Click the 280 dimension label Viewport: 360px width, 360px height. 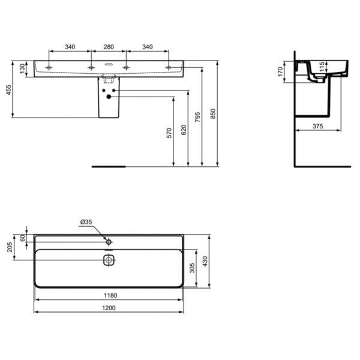(109, 46)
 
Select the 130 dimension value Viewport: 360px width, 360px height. (23, 68)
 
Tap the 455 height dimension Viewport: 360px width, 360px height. (8, 90)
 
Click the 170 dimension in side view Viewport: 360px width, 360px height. (279, 73)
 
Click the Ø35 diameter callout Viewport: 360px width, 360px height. (86, 223)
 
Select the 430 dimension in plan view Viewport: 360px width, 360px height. (205, 261)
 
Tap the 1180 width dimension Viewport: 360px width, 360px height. (109, 295)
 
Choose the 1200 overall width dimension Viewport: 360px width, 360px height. (109, 308)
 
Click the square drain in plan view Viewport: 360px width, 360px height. (109, 260)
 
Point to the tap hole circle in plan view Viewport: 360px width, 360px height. (109, 241)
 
